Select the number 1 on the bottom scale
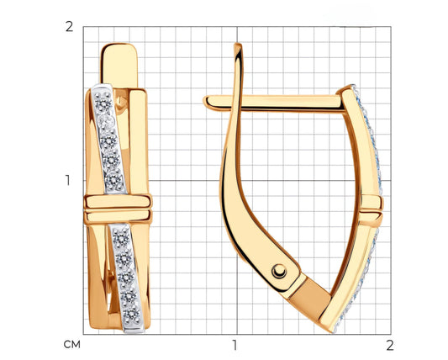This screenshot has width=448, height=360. (x=235, y=344)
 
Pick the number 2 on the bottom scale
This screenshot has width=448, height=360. (x=387, y=344)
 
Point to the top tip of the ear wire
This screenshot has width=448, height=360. (x=239, y=45)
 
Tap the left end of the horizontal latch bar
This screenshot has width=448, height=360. (x=206, y=101)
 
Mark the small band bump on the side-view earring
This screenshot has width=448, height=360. (x=373, y=203)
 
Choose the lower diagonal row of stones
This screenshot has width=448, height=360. (x=126, y=269)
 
